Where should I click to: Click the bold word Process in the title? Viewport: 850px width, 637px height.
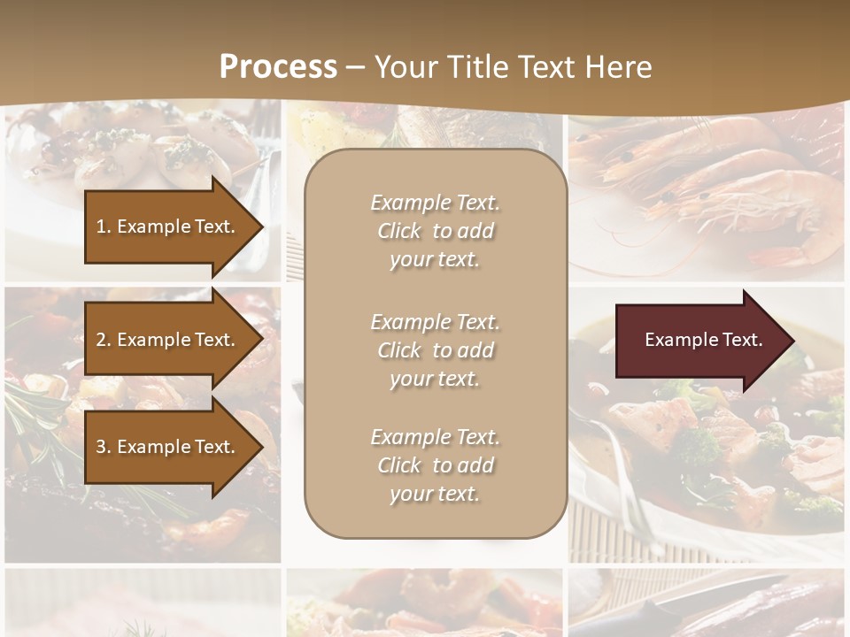278,67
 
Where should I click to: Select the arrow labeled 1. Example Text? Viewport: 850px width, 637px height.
168,226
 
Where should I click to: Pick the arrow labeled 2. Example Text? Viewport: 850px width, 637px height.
168,340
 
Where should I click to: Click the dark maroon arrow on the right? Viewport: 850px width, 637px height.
699,340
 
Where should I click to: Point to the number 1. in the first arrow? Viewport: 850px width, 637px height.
104,226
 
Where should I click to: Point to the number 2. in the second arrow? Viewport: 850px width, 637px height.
104,340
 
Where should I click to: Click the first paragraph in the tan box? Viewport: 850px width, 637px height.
435,231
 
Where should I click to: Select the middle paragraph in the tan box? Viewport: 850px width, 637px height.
435,350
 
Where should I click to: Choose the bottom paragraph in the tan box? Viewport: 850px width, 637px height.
435,465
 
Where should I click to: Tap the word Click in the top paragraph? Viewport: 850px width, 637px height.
399,231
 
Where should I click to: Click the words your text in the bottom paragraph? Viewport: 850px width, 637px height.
435,494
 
